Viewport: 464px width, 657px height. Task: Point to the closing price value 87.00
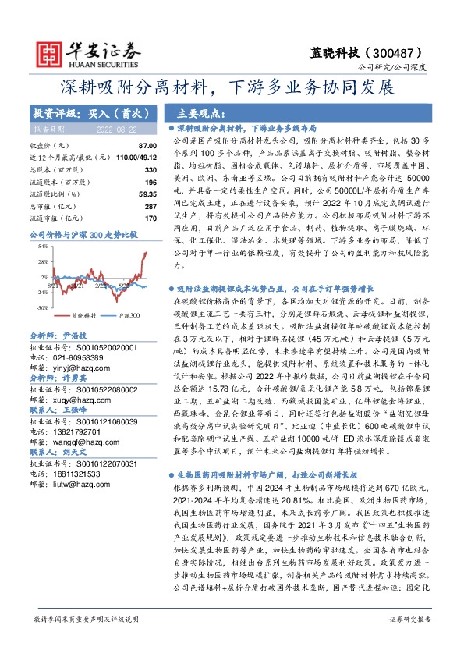(147, 146)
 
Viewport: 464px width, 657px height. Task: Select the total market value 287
(151, 205)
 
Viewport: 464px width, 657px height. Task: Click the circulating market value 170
(151, 218)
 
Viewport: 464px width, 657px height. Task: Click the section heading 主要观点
(199, 113)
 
